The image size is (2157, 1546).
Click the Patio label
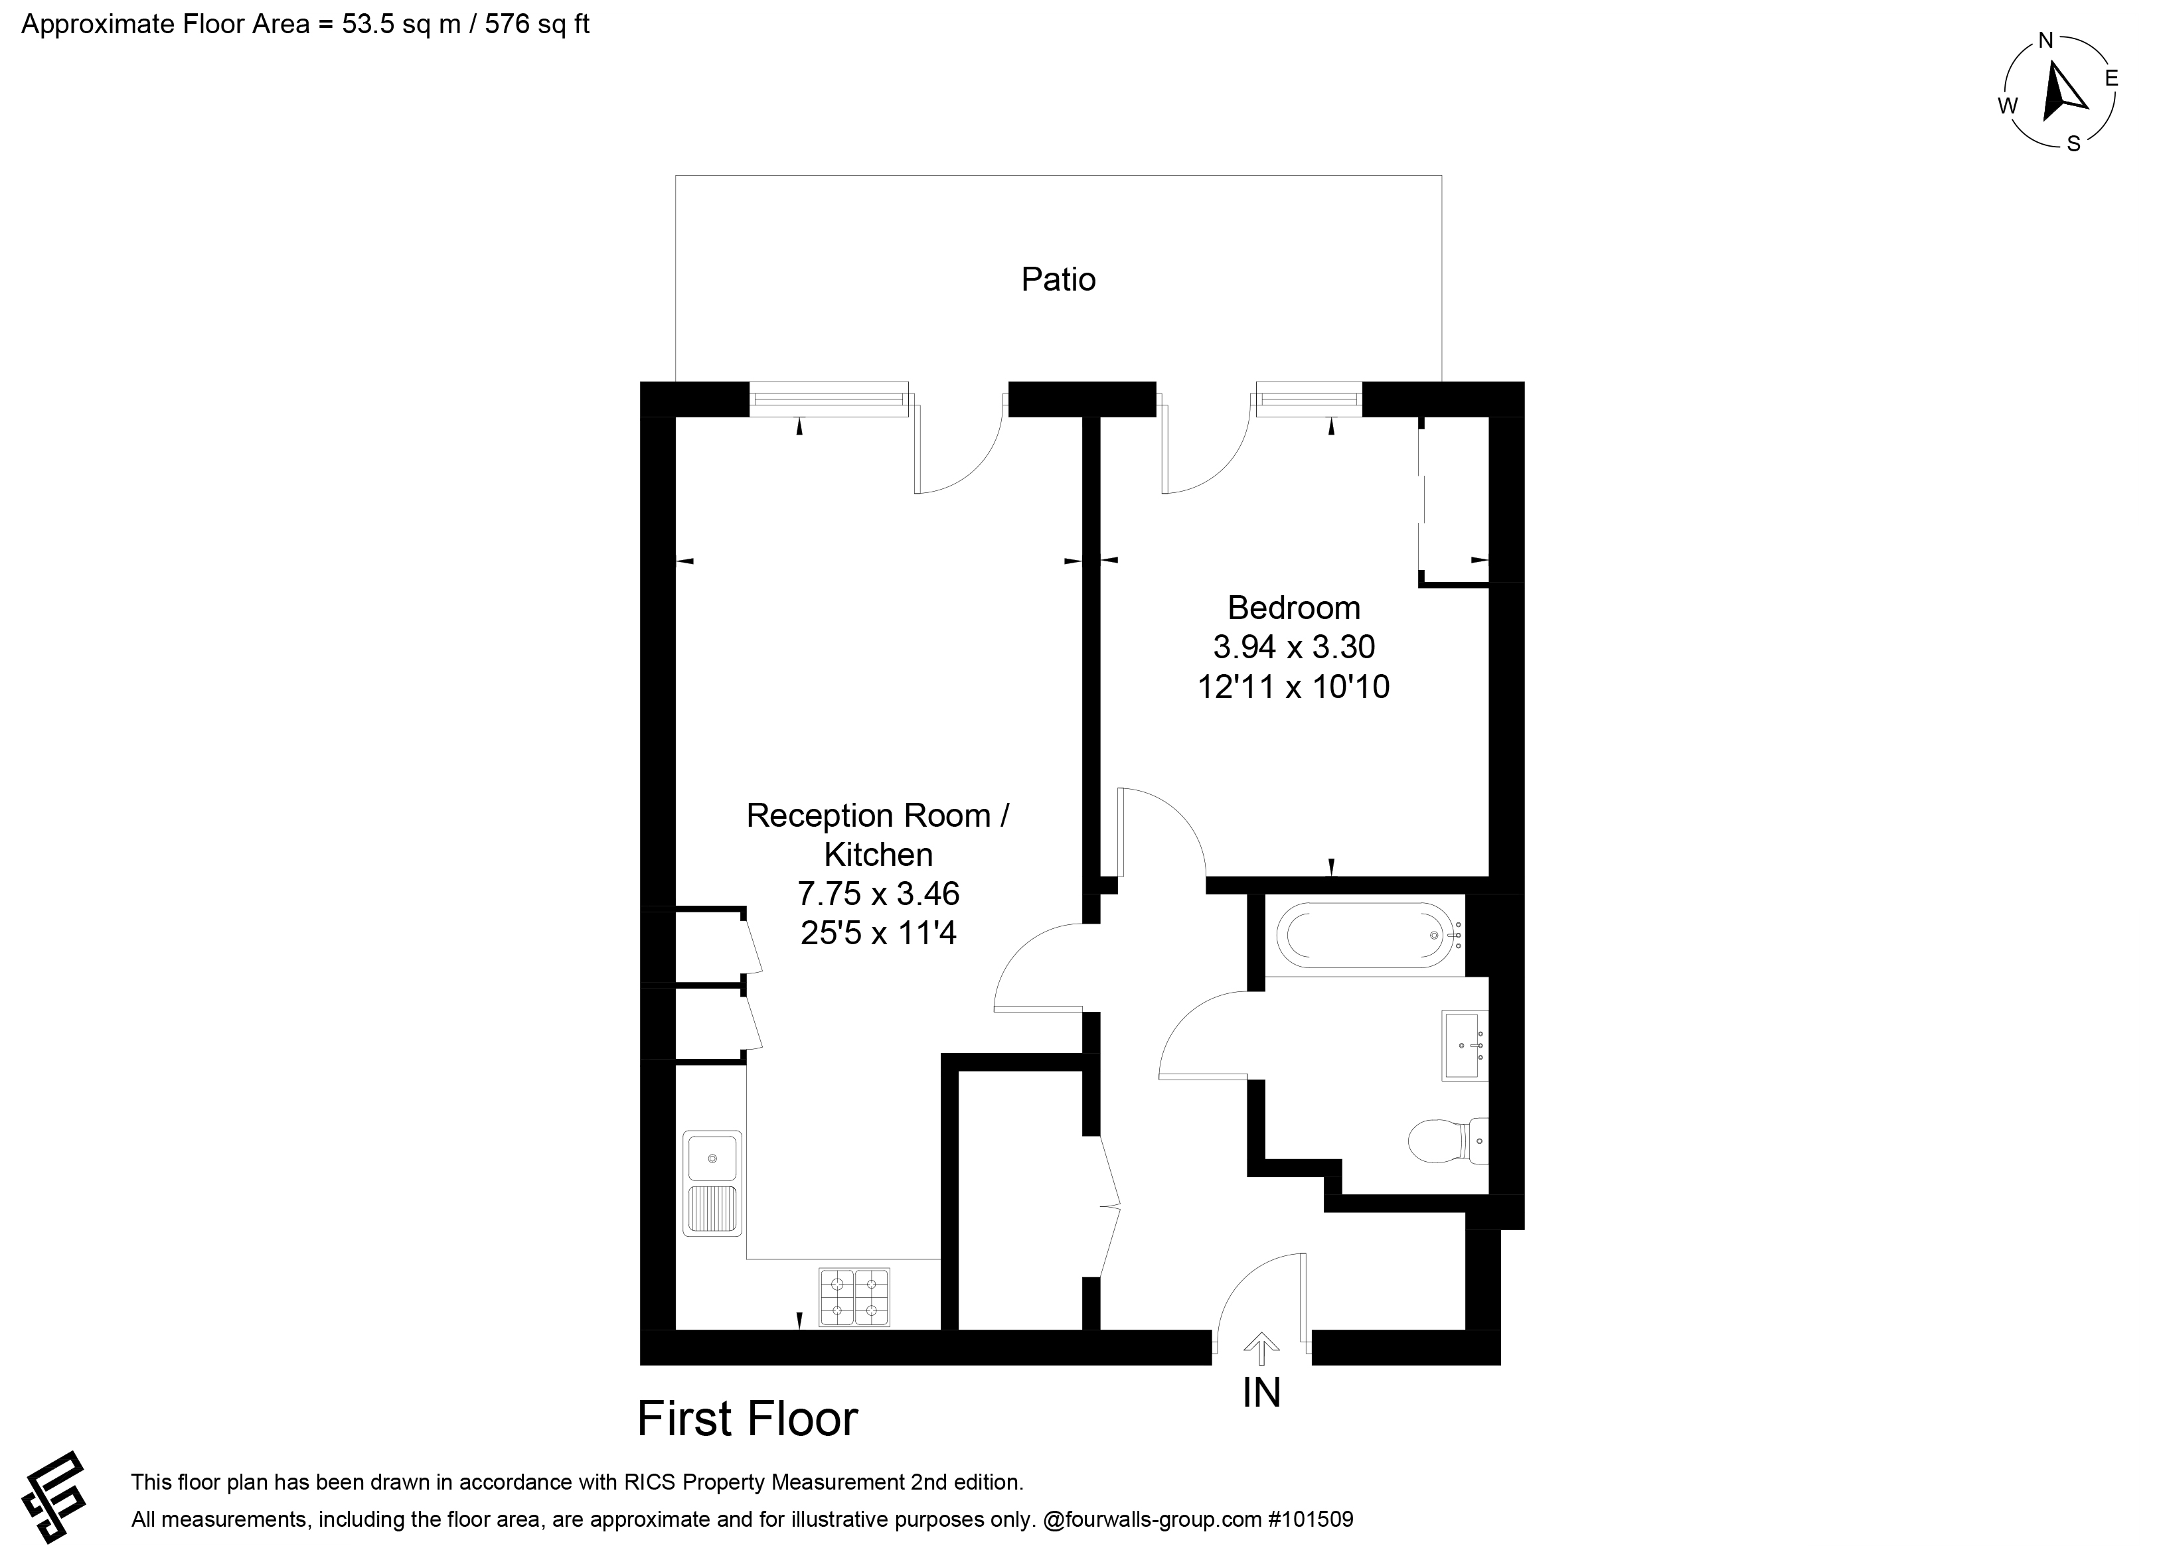coord(1058,279)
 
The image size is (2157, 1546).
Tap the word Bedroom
coord(1293,608)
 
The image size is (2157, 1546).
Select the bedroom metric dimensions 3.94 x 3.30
coord(1293,646)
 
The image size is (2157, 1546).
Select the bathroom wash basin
coord(1465,1046)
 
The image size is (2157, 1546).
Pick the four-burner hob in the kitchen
coord(854,1297)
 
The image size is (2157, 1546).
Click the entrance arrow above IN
coord(1261,1348)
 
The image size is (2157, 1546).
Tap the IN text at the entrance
coord(1262,1393)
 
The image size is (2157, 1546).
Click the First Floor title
coord(748,1419)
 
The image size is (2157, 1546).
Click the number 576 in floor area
coord(508,24)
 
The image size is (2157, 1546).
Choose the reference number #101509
coord(1310,1519)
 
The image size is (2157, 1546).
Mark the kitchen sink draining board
coord(712,1210)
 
